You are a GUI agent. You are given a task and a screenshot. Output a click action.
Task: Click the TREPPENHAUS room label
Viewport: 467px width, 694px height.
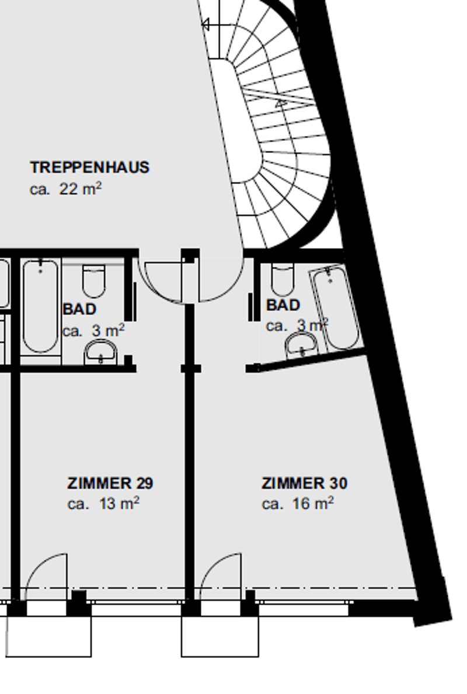coord(90,167)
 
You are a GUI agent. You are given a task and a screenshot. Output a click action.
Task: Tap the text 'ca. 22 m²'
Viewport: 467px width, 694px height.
coord(66,189)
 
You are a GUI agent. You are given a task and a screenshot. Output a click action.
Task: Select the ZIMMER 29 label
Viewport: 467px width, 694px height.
coord(110,483)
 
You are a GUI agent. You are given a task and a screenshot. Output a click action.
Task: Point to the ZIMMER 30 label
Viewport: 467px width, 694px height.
coord(304,483)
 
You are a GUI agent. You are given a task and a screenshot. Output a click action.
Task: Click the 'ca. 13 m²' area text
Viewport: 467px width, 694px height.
coord(103,504)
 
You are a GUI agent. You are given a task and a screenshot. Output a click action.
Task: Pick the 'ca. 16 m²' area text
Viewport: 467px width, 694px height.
coord(298,504)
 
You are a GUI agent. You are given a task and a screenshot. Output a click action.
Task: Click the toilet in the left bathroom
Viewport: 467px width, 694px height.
coord(94,281)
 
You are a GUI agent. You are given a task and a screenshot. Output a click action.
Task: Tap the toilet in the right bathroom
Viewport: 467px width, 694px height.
coord(282,279)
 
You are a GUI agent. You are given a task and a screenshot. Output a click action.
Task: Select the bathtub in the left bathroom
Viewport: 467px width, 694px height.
coord(40,307)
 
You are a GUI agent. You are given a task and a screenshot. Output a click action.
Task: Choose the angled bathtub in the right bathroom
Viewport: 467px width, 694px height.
coord(336,307)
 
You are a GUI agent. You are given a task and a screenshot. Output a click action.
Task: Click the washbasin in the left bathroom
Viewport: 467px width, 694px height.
coord(101,352)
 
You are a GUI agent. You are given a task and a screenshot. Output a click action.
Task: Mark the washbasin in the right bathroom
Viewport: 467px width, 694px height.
coord(302,345)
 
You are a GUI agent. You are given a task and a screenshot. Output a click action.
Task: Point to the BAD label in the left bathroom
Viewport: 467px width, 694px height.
coord(79,309)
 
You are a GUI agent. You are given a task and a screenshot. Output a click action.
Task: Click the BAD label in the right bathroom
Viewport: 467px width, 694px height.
coord(283,305)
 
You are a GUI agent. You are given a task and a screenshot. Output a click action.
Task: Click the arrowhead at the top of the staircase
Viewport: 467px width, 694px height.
coord(205,25)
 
